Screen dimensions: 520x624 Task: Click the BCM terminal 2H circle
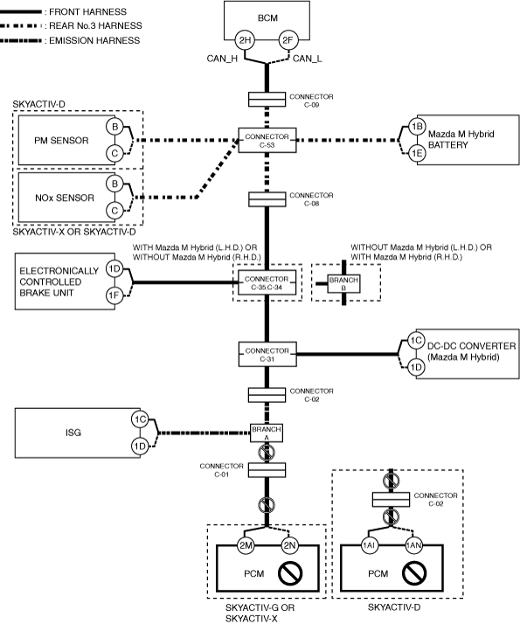click(245, 40)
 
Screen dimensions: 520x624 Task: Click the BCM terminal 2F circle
click(288, 40)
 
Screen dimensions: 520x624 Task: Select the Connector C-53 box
click(267, 140)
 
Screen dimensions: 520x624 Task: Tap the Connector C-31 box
click(267, 354)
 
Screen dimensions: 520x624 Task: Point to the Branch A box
click(267, 433)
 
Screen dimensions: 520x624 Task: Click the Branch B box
click(343, 283)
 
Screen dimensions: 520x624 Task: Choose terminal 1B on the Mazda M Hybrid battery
click(417, 127)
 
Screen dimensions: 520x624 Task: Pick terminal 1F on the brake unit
click(114, 295)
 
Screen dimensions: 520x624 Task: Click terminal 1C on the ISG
click(140, 419)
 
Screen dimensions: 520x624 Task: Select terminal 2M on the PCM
click(246, 545)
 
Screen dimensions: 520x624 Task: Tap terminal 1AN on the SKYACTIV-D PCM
click(413, 545)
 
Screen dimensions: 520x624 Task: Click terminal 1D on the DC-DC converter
click(416, 367)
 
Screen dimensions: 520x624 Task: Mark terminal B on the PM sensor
click(115, 127)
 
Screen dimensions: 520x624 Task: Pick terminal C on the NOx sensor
click(115, 210)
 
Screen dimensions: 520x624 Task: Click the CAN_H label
click(222, 59)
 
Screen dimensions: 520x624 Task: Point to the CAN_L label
click(308, 59)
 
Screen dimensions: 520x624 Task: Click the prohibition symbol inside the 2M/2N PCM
click(290, 573)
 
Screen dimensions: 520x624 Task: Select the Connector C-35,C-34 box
click(267, 283)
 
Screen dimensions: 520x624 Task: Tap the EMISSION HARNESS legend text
click(94, 40)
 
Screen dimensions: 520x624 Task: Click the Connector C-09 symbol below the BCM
click(267, 100)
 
